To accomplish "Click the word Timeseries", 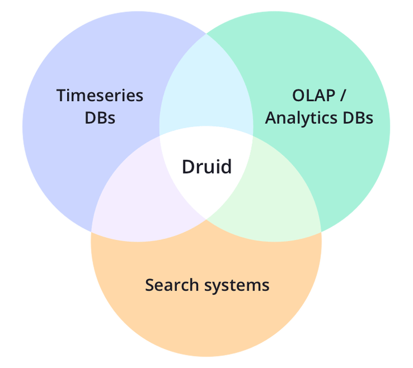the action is pyautogui.click(x=100, y=96).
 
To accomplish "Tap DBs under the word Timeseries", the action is pyautogui.click(x=100, y=118).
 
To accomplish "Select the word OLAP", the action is pyautogui.click(x=313, y=96).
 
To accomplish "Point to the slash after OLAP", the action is pyautogui.click(x=342, y=96).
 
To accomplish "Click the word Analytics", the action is pyautogui.click(x=301, y=118).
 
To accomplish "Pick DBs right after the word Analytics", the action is pyautogui.click(x=358, y=118).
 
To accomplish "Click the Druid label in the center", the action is pyautogui.click(x=206, y=167).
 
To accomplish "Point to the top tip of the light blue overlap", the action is pyautogui.click(x=206, y=34).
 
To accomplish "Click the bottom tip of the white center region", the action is pyautogui.click(x=206, y=219).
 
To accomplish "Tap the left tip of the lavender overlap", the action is pyautogui.click(x=92, y=232).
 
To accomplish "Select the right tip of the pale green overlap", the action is pyautogui.click(x=321, y=232).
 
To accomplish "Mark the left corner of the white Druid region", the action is pyautogui.click(x=160, y=136).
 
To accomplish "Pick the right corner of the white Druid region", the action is pyautogui.click(x=253, y=136).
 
